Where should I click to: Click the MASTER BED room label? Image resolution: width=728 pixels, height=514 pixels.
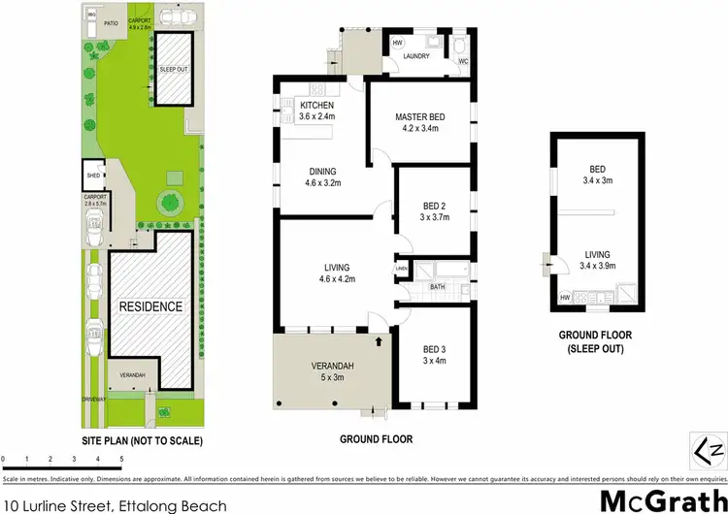(x=418, y=117)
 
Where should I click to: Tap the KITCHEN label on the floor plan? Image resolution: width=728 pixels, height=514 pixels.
(x=317, y=105)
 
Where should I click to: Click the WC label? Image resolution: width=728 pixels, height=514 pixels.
(x=463, y=62)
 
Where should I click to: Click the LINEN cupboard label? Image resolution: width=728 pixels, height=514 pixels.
(x=401, y=269)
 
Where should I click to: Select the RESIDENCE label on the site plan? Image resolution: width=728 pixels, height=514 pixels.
(x=150, y=306)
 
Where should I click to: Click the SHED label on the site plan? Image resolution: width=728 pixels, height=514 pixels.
(x=93, y=177)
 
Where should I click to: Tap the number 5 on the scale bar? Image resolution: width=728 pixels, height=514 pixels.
(x=121, y=458)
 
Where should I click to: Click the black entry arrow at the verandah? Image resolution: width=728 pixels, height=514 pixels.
(x=380, y=340)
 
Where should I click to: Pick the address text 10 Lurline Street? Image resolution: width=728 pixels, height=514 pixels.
(x=116, y=479)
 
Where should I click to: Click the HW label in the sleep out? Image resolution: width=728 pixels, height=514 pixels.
(x=565, y=297)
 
